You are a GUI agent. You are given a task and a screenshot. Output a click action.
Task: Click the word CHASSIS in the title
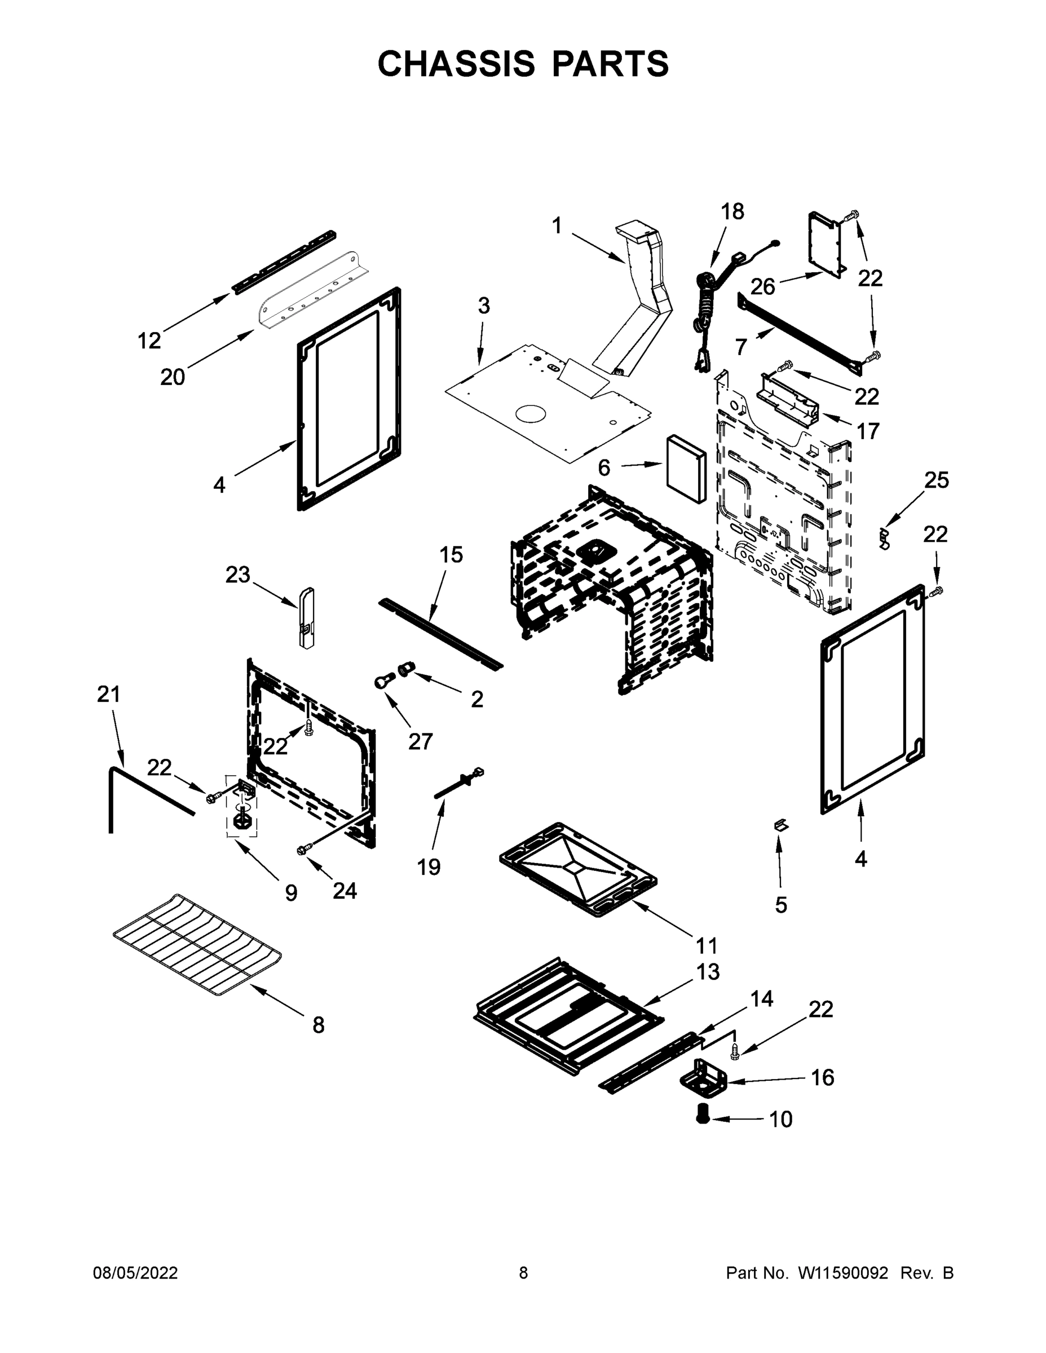point(456,64)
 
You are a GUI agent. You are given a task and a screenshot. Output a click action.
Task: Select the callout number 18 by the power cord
point(732,212)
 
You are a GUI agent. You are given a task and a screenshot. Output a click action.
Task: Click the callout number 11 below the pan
point(706,946)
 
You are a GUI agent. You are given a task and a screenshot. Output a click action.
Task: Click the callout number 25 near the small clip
point(936,480)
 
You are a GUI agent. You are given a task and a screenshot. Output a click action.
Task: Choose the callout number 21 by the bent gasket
point(108,695)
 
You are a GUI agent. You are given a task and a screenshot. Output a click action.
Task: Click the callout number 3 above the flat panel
point(483,306)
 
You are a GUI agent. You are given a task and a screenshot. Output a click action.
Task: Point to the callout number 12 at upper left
point(149,340)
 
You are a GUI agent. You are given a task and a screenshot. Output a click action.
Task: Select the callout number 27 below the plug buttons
point(420,741)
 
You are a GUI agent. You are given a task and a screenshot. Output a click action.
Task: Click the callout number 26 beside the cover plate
point(763,287)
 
